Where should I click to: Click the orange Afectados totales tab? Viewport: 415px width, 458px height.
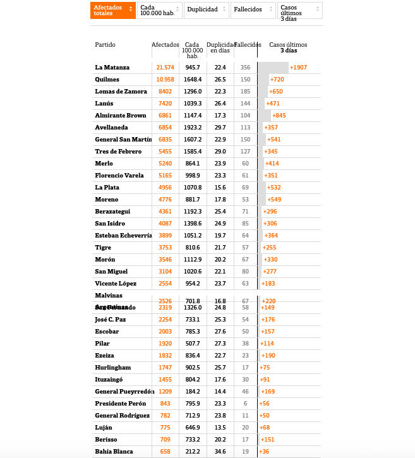pos(112,10)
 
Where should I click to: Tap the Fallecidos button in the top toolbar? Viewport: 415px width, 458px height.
pos(253,10)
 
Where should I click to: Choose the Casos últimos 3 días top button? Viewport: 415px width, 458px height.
pos(299,11)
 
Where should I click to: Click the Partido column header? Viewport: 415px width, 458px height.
pos(105,45)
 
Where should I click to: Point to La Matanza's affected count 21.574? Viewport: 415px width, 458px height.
pos(165,67)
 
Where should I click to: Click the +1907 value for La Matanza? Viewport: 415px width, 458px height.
pos(298,67)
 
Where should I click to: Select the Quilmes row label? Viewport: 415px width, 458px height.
pos(107,79)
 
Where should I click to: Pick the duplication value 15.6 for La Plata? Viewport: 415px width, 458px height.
pos(220,187)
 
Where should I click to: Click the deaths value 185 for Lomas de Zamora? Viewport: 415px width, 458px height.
pos(245,91)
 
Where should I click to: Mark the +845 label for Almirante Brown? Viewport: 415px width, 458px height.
pos(279,115)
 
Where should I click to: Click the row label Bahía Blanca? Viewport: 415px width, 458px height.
pos(114,451)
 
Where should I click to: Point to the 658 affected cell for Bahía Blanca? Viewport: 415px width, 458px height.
pos(165,451)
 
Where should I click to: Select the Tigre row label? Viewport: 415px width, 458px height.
pos(103,247)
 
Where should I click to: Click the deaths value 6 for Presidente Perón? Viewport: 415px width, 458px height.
pos(245,403)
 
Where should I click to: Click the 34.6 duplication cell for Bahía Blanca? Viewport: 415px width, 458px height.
pos(220,451)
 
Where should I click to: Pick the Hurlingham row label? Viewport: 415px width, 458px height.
pos(113,367)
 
